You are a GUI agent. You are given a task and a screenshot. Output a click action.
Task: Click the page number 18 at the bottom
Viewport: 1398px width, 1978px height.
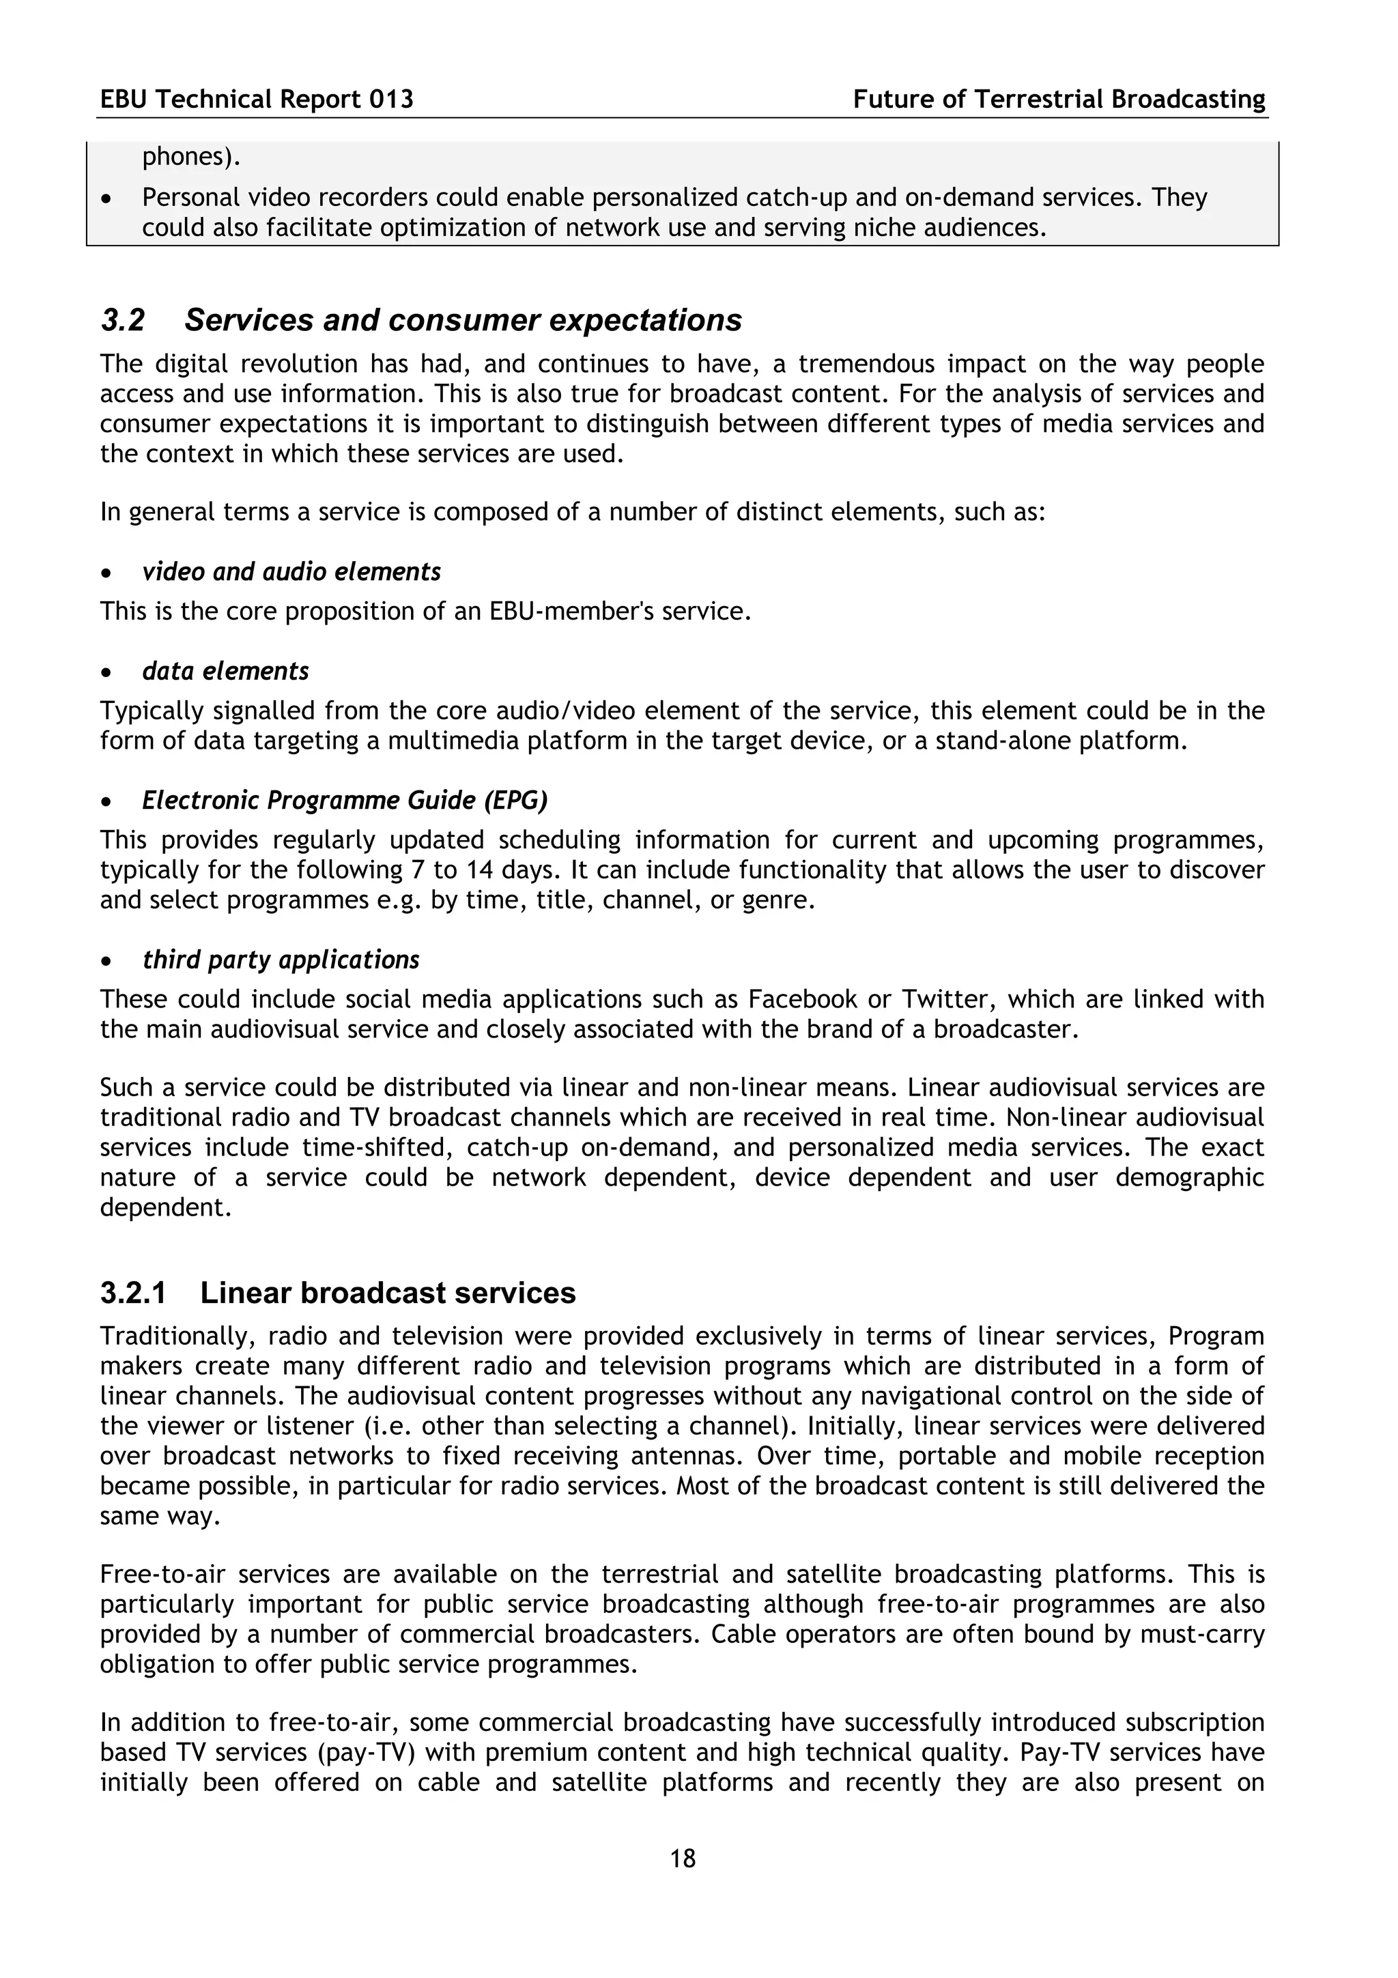click(x=682, y=1859)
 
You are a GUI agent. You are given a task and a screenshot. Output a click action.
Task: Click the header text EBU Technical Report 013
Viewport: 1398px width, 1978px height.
click(x=257, y=100)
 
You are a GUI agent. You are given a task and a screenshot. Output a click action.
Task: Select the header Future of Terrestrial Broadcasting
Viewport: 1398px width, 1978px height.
click(x=1059, y=100)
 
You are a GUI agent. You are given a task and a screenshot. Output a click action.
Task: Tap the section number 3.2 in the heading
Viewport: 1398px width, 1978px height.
click(x=122, y=321)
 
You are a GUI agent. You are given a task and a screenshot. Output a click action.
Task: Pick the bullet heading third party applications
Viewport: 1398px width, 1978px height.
click(x=281, y=960)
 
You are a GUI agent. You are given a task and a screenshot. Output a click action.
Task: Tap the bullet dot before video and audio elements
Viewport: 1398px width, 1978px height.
click(x=106, y=573)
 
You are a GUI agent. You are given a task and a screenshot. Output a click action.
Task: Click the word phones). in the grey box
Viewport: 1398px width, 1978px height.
click(x=191, y=158)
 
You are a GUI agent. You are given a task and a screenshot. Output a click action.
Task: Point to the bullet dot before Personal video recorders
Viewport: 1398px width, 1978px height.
click(x=106, y=199)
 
